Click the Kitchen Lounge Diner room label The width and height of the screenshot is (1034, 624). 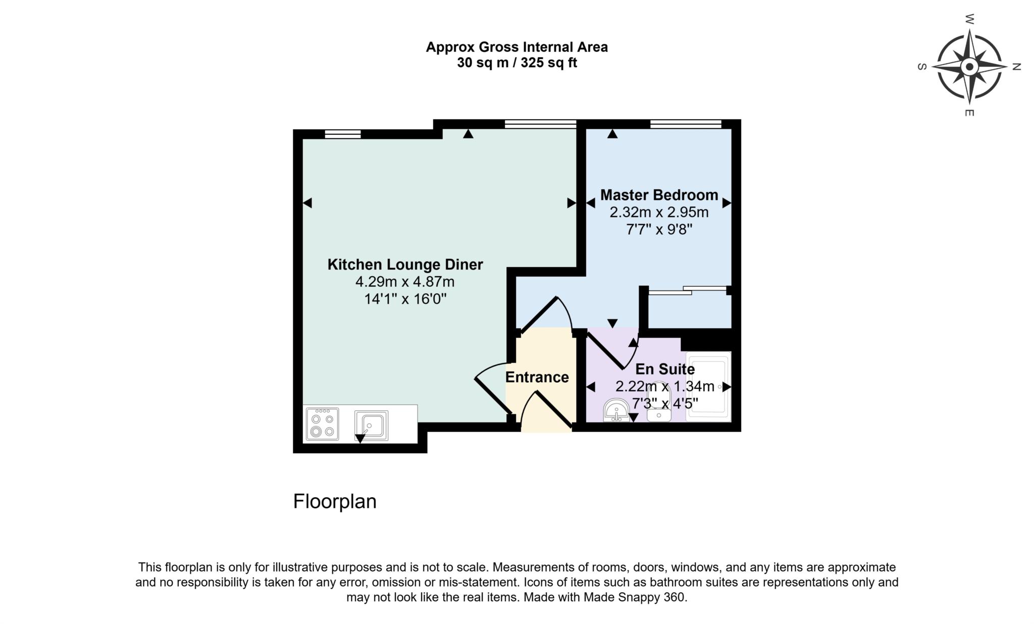click(405, 265)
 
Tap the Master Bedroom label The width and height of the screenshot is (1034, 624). click(659, 195)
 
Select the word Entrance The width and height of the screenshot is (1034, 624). click(537, 377)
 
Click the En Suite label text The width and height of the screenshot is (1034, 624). click(664, 369)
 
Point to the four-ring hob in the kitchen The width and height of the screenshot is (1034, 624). click(322, 424)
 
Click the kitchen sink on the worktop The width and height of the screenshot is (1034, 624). click(371, 425)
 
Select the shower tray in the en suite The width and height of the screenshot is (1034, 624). click(708, 387)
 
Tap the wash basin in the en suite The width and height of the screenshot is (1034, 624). click(616, 410)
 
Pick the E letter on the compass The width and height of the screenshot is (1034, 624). click(969, 113)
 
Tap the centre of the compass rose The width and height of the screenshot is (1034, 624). click(969, 67)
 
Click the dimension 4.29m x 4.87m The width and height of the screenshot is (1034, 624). click(405, 282)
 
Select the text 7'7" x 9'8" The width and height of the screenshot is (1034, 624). click(659, 230)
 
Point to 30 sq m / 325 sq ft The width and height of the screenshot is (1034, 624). click(516, 63)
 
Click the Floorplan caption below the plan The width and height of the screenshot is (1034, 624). click(335, 501)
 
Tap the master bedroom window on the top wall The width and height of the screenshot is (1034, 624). click(686, 124)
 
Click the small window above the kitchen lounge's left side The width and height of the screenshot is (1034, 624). click(342, 134)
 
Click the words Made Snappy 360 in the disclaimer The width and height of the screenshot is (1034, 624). click(635, 597)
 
